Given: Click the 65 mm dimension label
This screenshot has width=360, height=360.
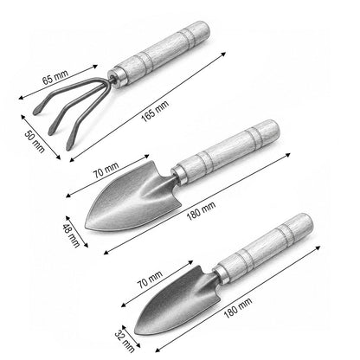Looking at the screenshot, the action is pyautogui.click(x=55, y=76).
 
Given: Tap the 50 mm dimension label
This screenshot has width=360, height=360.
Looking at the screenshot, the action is pyautogui.click(x=35, y=142).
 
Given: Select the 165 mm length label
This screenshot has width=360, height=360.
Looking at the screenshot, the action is pyautogui.click(x=155, y=111).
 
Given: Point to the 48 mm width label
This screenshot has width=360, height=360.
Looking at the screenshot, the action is pyautogui.click(x=71, y=235).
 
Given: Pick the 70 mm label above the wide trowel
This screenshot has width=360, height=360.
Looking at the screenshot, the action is pyautogui.click(x=106, y=170).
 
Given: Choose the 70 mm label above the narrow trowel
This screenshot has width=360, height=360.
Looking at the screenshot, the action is pyautogui.click(x=150, y=280).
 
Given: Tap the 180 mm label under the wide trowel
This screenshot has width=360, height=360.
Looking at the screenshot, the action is pyautogui.click(x=201, y=211).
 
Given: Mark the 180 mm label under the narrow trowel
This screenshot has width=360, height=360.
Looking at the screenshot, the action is pyautogui.click(x=238, y=308).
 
